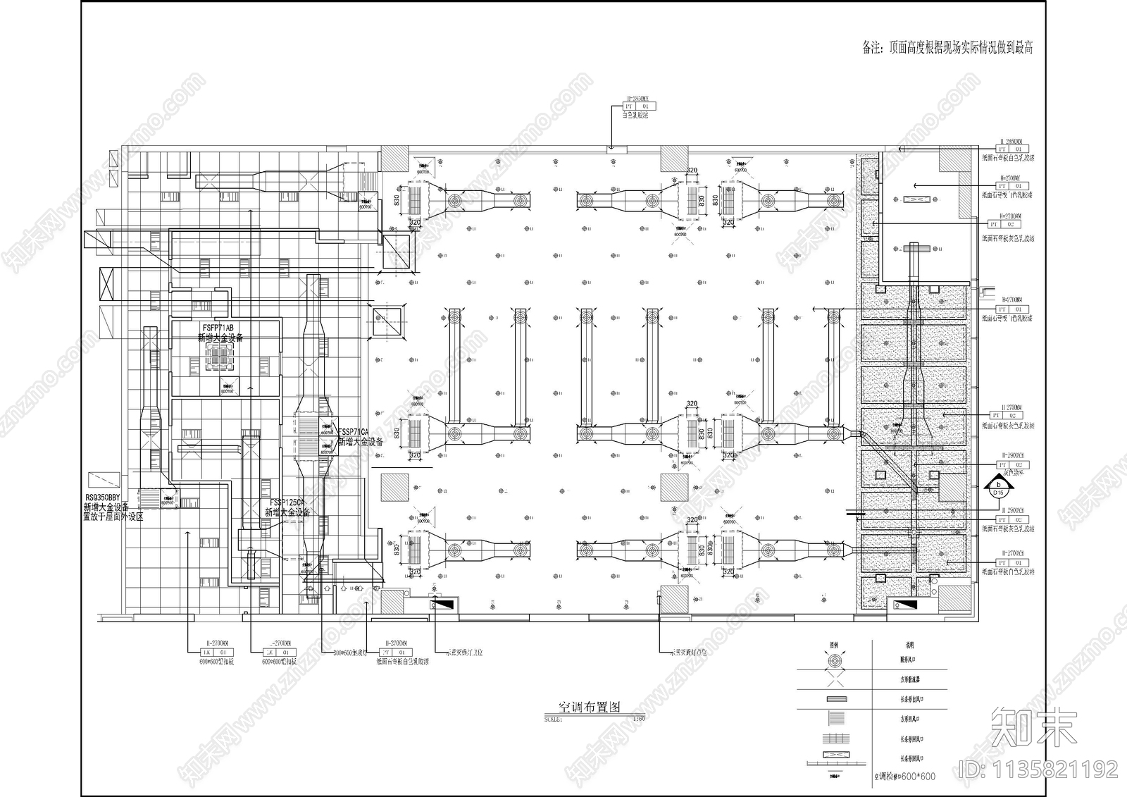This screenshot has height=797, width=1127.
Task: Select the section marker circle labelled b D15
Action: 997,486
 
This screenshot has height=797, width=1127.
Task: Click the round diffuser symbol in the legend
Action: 835,661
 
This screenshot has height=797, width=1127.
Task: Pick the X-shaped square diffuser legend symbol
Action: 835,680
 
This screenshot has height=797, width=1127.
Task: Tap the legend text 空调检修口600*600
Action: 904,776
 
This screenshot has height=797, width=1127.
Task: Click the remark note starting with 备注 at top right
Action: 947,48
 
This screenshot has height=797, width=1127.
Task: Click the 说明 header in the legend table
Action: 909,644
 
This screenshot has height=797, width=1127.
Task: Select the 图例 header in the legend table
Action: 835,644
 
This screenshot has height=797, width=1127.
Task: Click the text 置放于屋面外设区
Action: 113,517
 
